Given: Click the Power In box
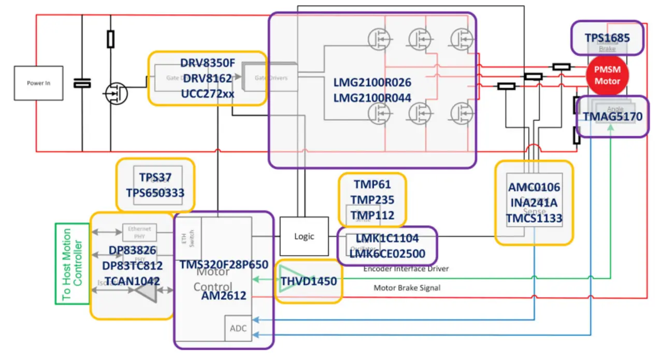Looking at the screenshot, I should (x=39, y=83).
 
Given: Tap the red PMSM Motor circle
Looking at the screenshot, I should (x=607, y=76).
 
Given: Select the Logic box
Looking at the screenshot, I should (x=304, y=236).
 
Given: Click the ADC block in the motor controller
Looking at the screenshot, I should (x=238, y=328).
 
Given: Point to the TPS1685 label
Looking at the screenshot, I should (x=607, y=38).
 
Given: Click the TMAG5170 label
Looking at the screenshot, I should (x=612, y=117).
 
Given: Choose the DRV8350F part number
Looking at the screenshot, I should (x=207, y=63).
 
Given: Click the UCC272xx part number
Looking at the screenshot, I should (x=207, y=94).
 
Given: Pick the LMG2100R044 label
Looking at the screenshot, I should (x=372, y=98).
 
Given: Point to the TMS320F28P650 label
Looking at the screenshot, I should (x=224, y=265).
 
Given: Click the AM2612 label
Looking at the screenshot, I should (x=224, y=296).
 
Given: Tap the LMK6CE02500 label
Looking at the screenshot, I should (x=387, y=254).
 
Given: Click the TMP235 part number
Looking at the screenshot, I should (x=372, y=200).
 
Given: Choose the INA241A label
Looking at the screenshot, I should (x=534, y=203).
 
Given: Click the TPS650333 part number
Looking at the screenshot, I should (x=155, y=193).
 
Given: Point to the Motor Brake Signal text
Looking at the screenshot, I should (x=407, y=287).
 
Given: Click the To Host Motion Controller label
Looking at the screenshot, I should (x=72, y=263).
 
